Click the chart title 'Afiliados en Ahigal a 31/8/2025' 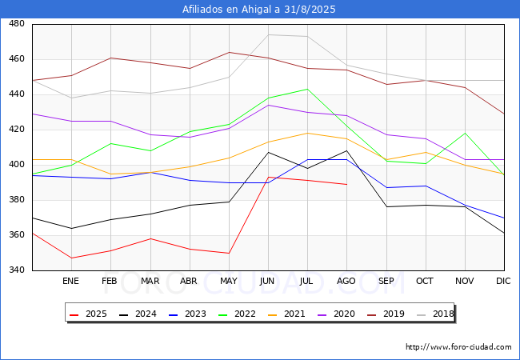pyautogui.click(x=258, y=10)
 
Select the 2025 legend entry pyautogui.click(x=88, y=314)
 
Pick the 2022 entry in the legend pyautogui.click(x=237, y=314)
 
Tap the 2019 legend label pyautogui.click(x=386, y=314)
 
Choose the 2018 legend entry pyautogui.click(x=435, y=314)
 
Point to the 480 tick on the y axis pyautogui.click(x=17, y=23)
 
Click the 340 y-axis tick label pyautogui.click(x=17, y=270)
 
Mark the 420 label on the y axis pyautogui.click(x=17, y=129)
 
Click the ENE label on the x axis pyautogui.click(x=70, y=281)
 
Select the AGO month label pyautogui.click(x=346, y=281)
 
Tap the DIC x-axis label pyautogui.click(x=503, y=281)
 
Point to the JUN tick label pyautogui.click(x=267, y=281)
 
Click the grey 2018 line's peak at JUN pyautogui.click(x=268, y=34)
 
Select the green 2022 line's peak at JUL pyautogui.click(x=307, y=89)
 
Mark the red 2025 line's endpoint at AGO pyautogui.click(x=347, y=184)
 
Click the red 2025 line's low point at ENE pyautogui.click(x=72, y=258)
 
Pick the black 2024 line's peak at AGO pyautogui.click(x=347, y=150)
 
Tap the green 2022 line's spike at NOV pyautogui.click(x=466, y=133)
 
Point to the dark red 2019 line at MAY pyautogui.click(x=229, y=52)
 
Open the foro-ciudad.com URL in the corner pyautogui.click(x=458, y=347)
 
